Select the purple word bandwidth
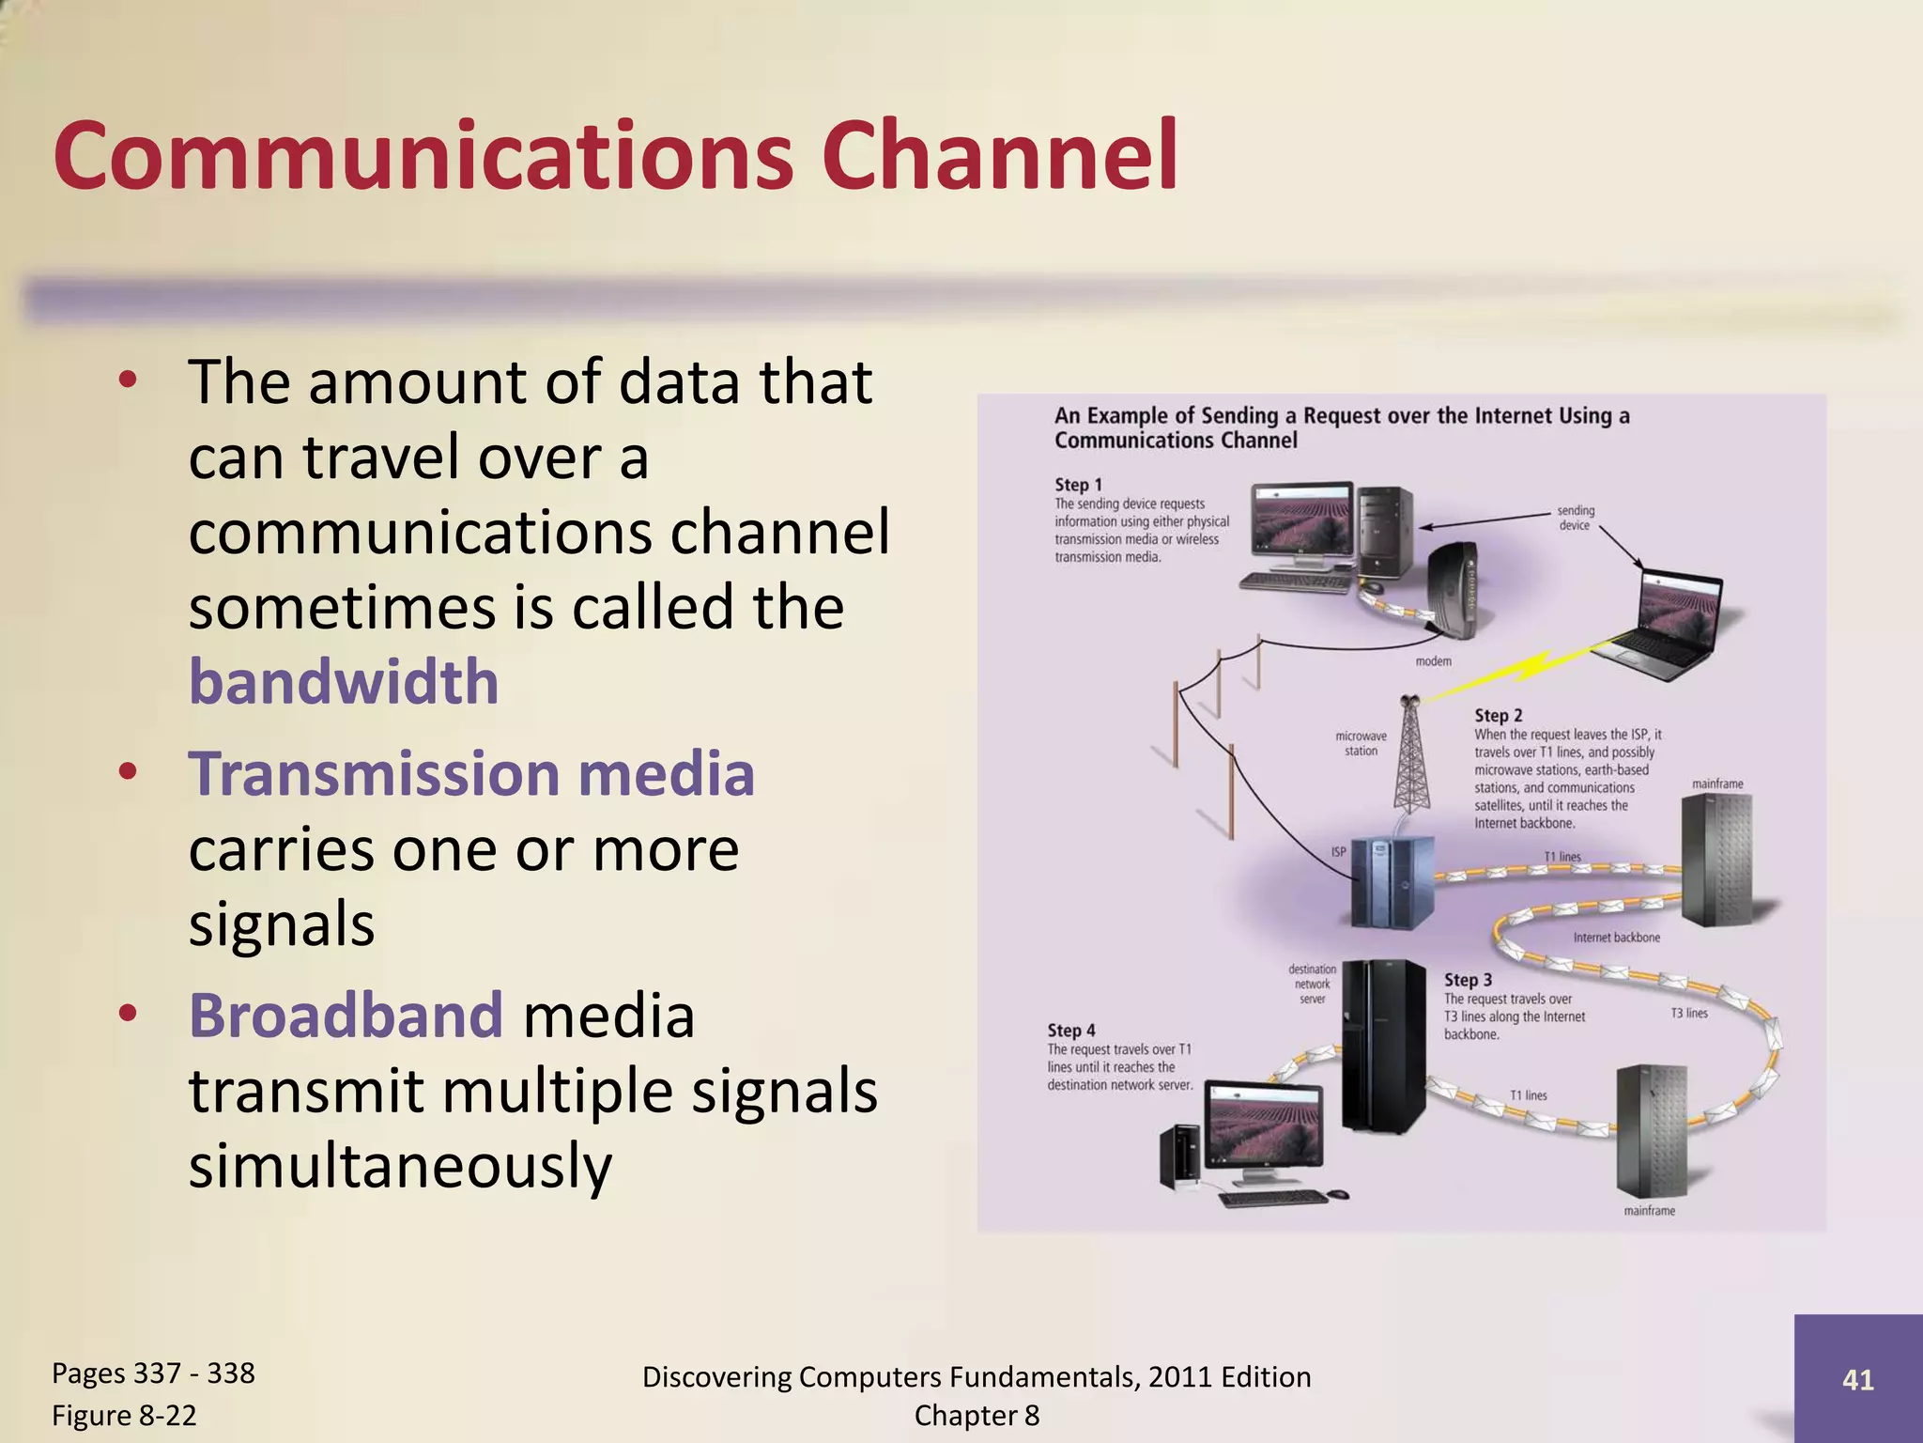(344, 682)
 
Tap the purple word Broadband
(346, 1016)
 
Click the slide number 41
(1857, 1379)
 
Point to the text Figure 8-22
(124, 1416)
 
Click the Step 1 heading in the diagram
(1078, 485)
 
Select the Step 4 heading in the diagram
(1071, 1031)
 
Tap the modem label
(1433, 661)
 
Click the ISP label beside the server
(1338, 852)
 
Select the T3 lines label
(1689, 1013)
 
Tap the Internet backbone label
(1616, 938)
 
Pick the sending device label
(1575, 518)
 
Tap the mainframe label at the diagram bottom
(1649, 1211)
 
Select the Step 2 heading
(1498, 716)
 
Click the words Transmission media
(471, 774)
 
